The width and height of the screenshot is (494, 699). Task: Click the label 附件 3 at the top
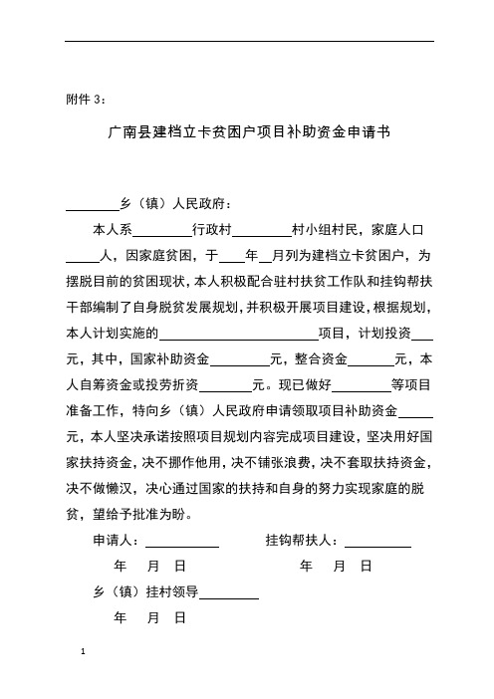tap(90, 98)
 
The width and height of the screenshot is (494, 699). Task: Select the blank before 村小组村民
tap(261, 229)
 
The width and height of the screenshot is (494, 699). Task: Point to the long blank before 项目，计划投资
tap(238, 333)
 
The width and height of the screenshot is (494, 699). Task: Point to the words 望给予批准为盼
tap(147, 515)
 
